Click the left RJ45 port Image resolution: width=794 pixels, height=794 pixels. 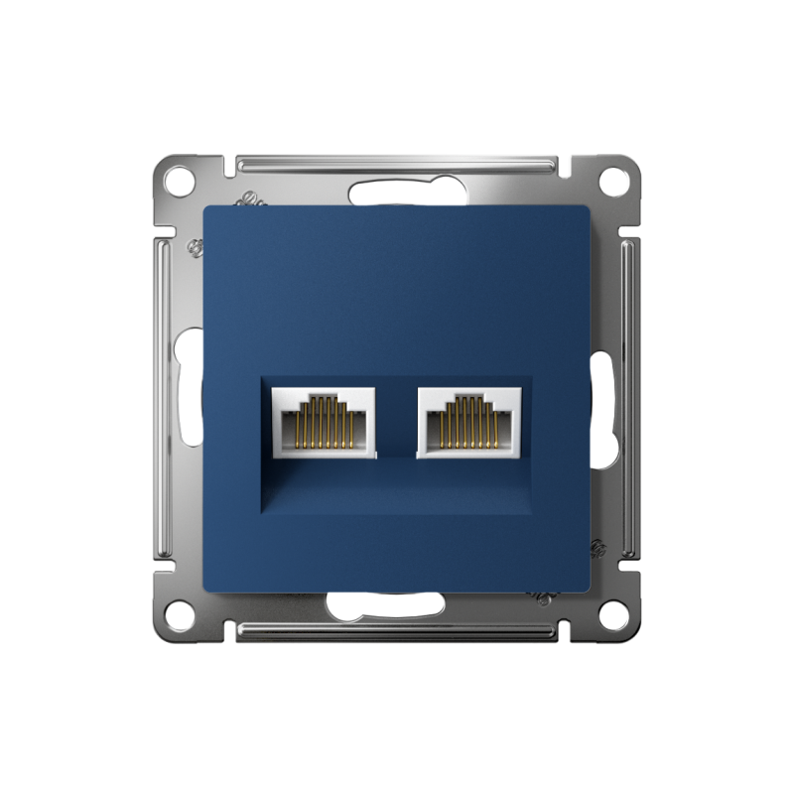[323, 421]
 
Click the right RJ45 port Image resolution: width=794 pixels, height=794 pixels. [468, 421]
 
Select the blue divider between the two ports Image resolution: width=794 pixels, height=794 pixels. [396, 422]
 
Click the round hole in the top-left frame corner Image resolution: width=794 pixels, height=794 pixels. [179, 182]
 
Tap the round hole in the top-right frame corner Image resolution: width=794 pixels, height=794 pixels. [614, 182]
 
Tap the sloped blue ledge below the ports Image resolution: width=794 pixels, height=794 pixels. [397, 491]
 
